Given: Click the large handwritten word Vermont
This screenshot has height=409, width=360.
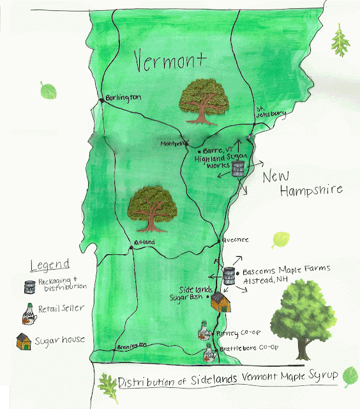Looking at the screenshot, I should pyautogui.click(x=170, y=62).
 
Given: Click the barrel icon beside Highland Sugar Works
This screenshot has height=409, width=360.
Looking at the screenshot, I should pyautogui.click(x=238, y=169).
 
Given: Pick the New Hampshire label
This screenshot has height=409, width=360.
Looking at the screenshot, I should pyautogui.click(x=303, y=182).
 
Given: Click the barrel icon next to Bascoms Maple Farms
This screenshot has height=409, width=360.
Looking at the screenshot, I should pyautogui.click(x=229, y=275).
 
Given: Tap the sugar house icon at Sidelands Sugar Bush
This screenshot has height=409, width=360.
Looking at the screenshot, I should pyautogui.click(x=220, y=302).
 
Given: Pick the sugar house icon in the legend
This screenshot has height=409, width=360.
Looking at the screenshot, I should pyautogui.click(x=25, y=341).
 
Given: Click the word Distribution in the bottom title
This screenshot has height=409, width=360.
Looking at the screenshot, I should pyautogui.click(x=149, y=382).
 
